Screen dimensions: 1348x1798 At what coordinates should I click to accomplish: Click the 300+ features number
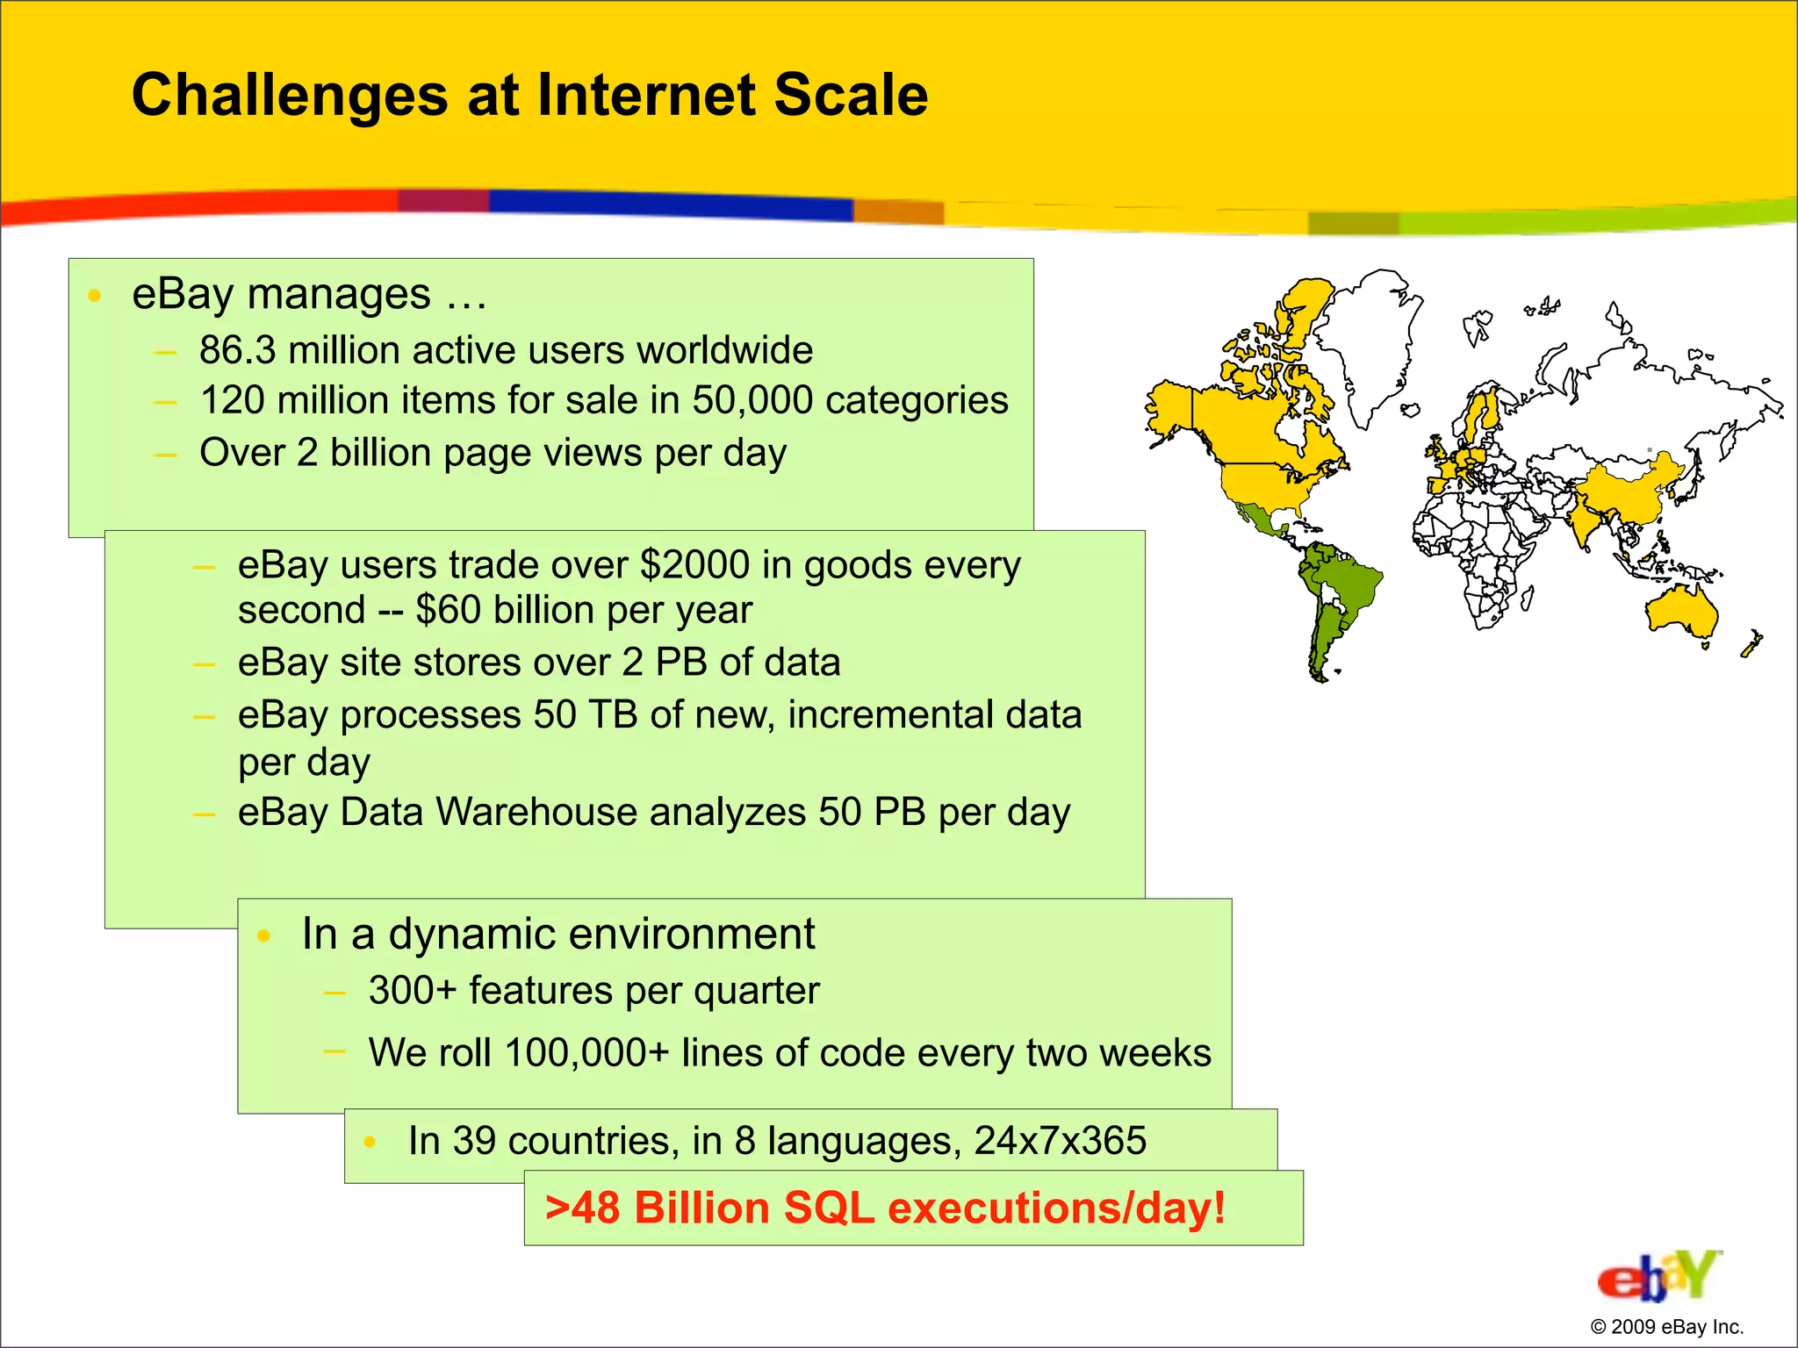(413, 991)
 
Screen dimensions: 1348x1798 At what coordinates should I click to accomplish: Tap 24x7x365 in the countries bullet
(1060, 1141)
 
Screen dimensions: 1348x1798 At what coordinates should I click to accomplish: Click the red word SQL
(829, 1208)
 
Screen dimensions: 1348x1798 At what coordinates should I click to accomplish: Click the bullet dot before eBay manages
(95, 296)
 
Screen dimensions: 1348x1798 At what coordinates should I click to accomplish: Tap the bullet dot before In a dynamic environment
(263, 936)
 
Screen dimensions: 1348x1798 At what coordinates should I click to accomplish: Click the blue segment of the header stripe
(667, 204)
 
